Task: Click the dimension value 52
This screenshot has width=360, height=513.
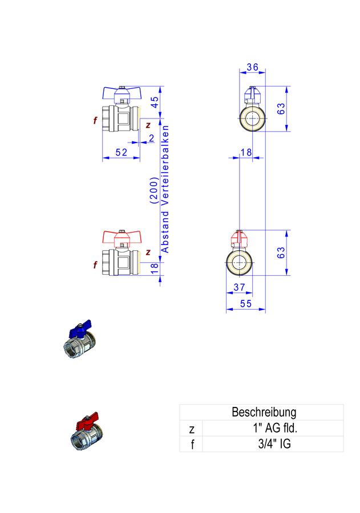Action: (x=121, y=152)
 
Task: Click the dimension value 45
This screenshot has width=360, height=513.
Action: (x=155, y=102)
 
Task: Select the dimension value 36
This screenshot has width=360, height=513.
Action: (x=252, y=67)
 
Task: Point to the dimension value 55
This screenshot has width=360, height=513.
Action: (x=246, y=304)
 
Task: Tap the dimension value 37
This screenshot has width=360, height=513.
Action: (x=239, y=287)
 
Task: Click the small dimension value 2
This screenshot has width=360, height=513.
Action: (x=151, y=138)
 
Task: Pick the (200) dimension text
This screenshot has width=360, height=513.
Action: (x=154, y=191)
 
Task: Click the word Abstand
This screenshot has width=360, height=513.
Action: (x=165, y=231)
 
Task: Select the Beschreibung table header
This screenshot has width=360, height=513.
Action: (x=264, y=412)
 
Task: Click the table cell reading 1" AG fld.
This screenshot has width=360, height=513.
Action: (x=275, y=428)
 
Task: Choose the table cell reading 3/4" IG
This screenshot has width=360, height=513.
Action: (x=274, y=444)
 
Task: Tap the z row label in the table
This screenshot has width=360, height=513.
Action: (x=192, y=429)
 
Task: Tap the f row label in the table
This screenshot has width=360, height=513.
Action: (x=192, y=444)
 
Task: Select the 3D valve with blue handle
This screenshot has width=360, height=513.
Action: (x=79, y=339)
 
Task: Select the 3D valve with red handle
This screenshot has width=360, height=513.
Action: (x=87, y=431)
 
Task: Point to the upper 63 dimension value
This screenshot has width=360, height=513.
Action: (x=281, y=109)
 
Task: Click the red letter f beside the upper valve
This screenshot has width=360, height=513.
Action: (x=95, y=120)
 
